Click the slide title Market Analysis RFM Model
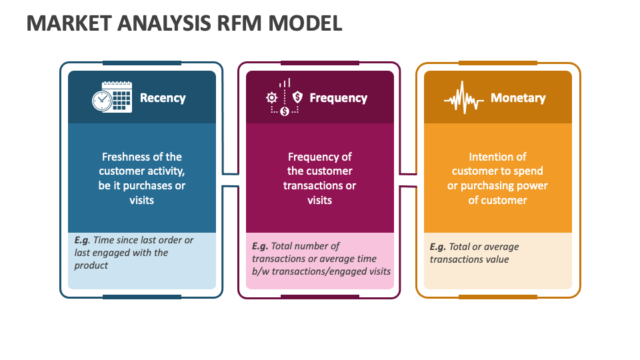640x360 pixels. click(184, 23)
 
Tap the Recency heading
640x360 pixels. click(162, 98)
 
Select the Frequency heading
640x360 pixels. click(338, 98)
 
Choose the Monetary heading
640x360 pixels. click(518, 98)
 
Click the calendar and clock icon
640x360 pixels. click(111, 97)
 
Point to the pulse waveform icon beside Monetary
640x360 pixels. click(464, 99)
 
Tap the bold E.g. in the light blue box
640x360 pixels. click(82, 240)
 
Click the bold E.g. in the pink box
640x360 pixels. click(260, 246)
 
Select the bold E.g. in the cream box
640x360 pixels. click(438, 247)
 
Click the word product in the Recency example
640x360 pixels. click(91, 265)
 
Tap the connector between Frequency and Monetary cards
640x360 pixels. click(408, 180)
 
